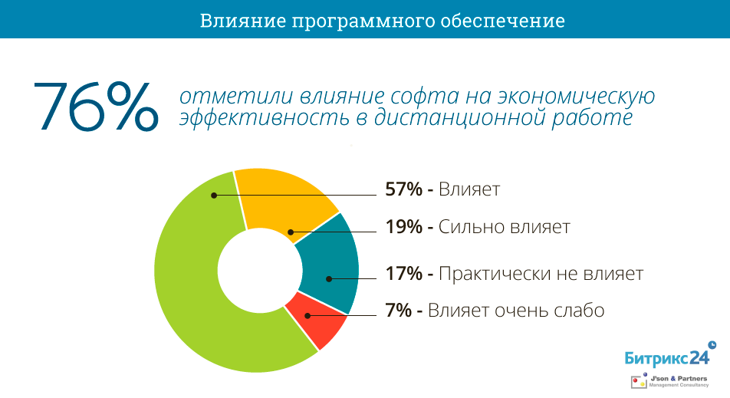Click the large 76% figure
[94, 107]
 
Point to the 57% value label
[403, 189]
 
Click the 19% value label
[403, 227]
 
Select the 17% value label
[403, 274]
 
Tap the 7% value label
[399, 311]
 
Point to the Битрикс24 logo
[666, 356]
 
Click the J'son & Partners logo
[666, 381]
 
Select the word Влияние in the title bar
[240, 21]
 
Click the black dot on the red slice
[307, 315]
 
